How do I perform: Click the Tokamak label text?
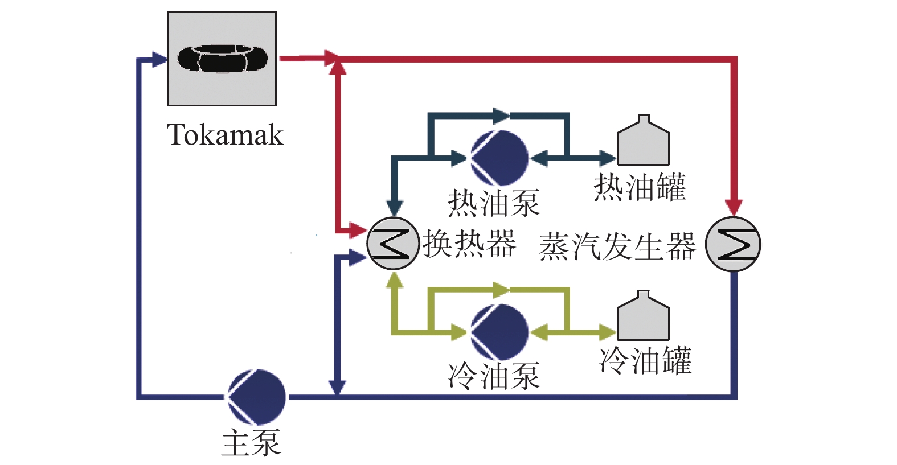(x=225, y=135)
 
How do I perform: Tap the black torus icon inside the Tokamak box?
(x=223, y=59)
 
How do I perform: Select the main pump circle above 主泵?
(x=257, y=397)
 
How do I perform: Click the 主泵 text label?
(x=252, y=443)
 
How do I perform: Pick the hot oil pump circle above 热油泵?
(x=500, y=158)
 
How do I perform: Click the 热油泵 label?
(x=494, y=203)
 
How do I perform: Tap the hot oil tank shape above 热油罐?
(x=643, y=141)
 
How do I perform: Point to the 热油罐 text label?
(x=640, y=187)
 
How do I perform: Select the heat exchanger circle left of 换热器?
(x=393, y=243)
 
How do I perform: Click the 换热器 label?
(x=469, y=243)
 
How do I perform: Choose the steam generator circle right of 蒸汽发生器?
(x=733, y=244)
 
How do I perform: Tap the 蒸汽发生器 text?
(x=617, y=246)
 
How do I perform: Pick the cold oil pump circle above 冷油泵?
(x=500, y=332)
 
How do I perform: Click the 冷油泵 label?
(x=494, y=377)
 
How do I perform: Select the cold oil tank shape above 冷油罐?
(x=643, y=315)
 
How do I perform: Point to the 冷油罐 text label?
(x=645, y=360)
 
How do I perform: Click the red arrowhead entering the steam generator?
(x=734, y=207)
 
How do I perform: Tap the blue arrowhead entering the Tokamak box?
(x=159, y=59)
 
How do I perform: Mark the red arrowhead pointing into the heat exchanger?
(x=358, y=230)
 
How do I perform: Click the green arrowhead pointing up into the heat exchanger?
(x=395, y=280)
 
